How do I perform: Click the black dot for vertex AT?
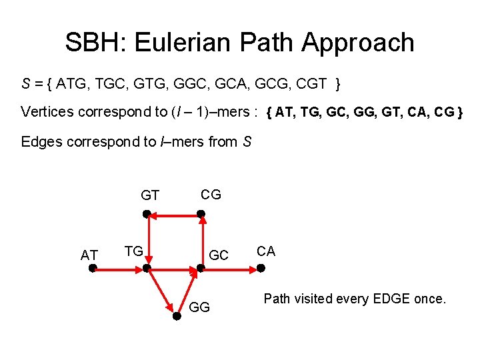pyautogui.click(x=93, y=269)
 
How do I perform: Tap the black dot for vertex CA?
pyautogui.click(x=261, y=269)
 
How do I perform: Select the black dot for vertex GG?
pyautogui.click(x=177, y=317)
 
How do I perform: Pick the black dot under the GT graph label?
pyautogui.click(x=147, y=214)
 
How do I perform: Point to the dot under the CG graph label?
pyautogui.click(x=201, y=214)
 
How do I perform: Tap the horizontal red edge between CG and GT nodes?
pyautogui.click(x=174, y=214)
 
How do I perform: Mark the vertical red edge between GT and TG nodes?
pyautogui.click(x=147, y=241)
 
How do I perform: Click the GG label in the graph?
pyautogui.click(x=200, y=307)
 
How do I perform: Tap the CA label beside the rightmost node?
pyautogui.click(x=266, y=251)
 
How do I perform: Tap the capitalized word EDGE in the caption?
pyautogui.click(x=388, y=299)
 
